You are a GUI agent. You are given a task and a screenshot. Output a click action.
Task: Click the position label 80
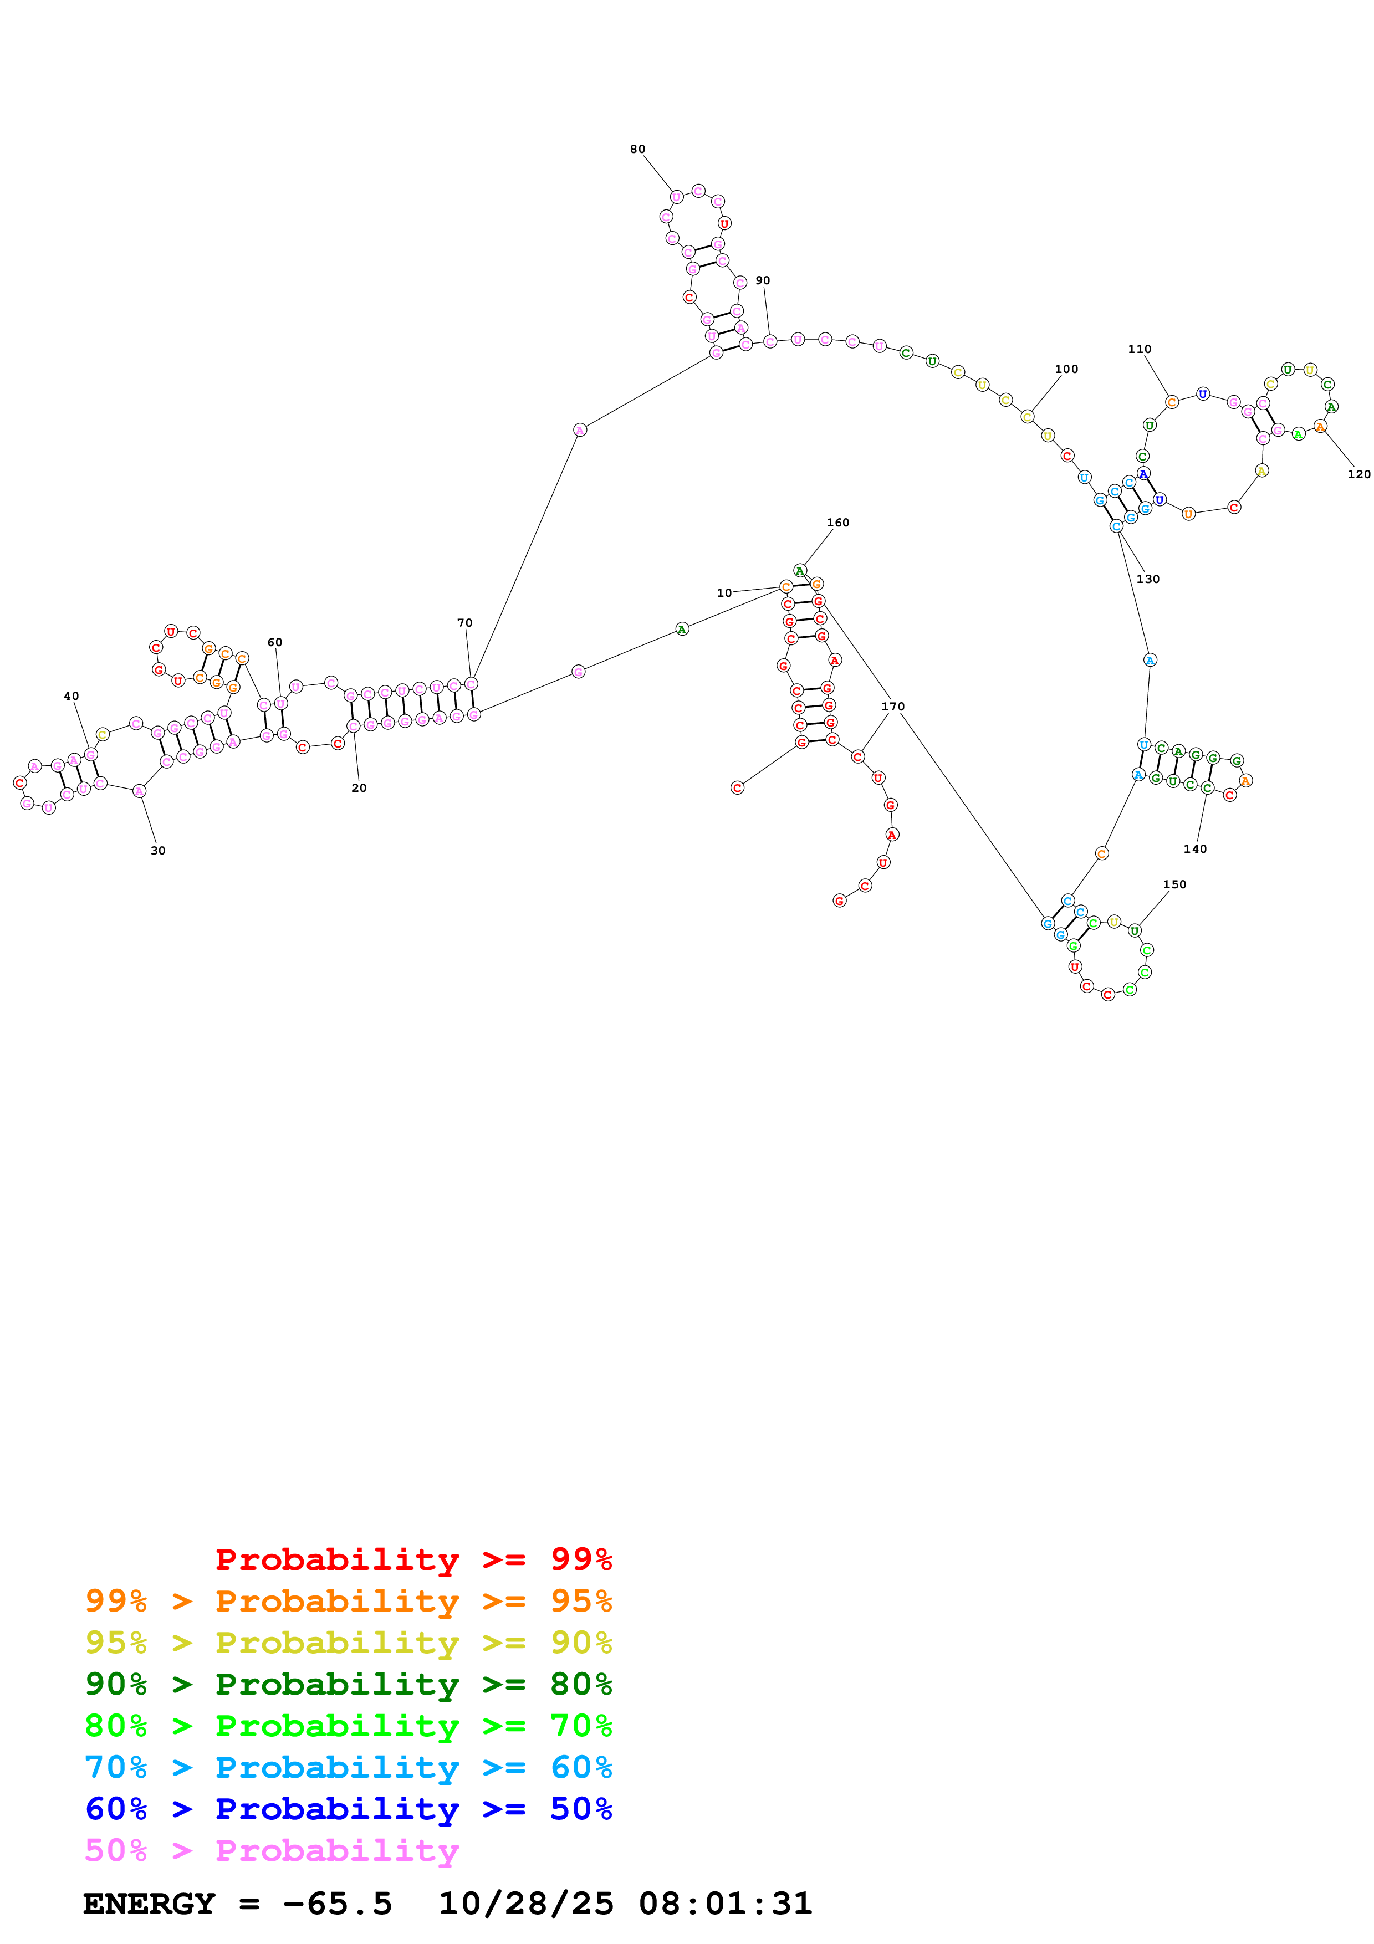pos(637,149)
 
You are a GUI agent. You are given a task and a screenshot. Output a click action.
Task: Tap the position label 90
pos(763,280)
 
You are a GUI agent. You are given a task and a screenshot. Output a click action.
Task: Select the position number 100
pos(1066,369)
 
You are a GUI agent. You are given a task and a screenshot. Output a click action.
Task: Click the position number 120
pos(1358,474)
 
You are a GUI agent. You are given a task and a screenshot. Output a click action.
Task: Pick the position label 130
pos(1147,579)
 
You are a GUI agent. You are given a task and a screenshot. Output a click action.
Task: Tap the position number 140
pos(1194,849)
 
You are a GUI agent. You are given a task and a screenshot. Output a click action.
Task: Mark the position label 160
pos(837,523)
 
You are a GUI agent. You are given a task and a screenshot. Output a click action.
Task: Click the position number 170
pos(892,706)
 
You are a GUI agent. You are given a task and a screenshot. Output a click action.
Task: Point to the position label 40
pos(71,696)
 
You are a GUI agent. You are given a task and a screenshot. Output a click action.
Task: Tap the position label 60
pos(275,643)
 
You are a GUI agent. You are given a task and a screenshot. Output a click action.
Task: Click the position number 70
pos(465,623)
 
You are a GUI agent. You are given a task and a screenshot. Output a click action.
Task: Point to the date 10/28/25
pos(526,1904)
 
